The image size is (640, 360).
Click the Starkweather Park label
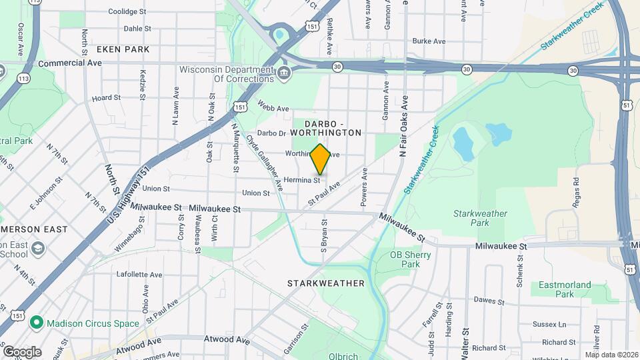coord(480,219)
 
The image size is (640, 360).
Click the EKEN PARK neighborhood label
coord(123,49)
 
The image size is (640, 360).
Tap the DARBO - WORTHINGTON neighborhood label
coord(333,128)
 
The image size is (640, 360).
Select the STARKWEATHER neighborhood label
coord(326,283)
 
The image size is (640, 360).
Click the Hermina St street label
coord(303,180)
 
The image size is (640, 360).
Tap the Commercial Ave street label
coord(70,63)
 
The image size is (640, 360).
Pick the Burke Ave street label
coord(429,41)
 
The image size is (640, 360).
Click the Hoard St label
coord(106,97)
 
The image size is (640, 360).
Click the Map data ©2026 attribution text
coord(612,355)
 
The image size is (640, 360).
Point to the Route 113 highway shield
coord(25,79)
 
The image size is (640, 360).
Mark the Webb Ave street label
coord(273,108)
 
